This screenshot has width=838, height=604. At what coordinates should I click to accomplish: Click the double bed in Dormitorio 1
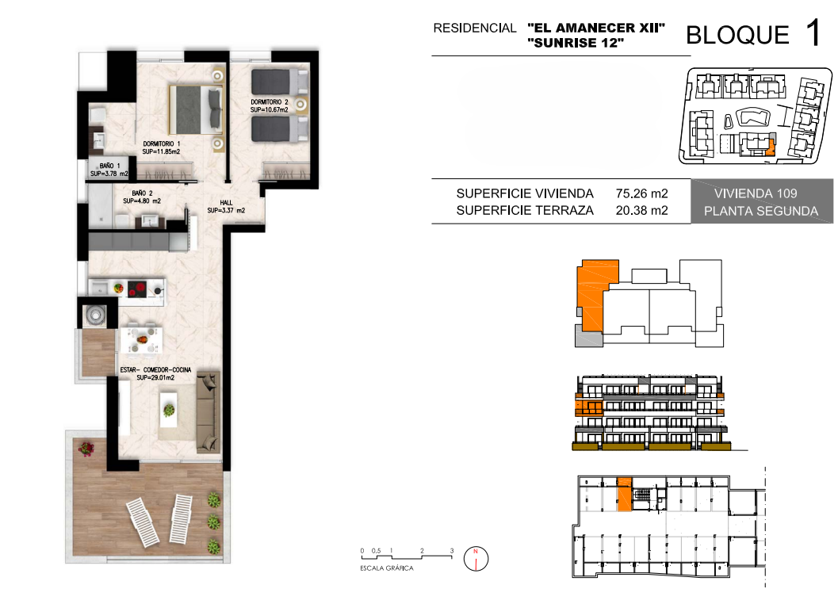point(196,109)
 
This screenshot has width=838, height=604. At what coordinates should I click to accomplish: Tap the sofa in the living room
point(209,412)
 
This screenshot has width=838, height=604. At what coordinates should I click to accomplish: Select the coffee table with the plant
point(169,410)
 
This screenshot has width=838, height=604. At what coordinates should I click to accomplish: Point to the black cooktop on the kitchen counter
point(137,289)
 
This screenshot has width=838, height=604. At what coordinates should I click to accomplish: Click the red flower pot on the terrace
point(86,448)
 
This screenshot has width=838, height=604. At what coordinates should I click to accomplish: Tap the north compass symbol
point(476,559)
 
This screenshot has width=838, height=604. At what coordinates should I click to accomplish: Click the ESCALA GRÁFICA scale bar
point(407,556)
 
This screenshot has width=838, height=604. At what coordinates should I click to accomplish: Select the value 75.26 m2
point(642,193)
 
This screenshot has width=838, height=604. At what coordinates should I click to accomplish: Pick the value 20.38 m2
point(642,211)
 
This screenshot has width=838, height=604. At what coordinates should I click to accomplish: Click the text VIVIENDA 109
point(756,193)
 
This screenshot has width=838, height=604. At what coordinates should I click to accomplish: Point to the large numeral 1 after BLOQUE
point(813,32)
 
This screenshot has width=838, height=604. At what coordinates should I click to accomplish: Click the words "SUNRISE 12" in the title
point(576,44)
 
